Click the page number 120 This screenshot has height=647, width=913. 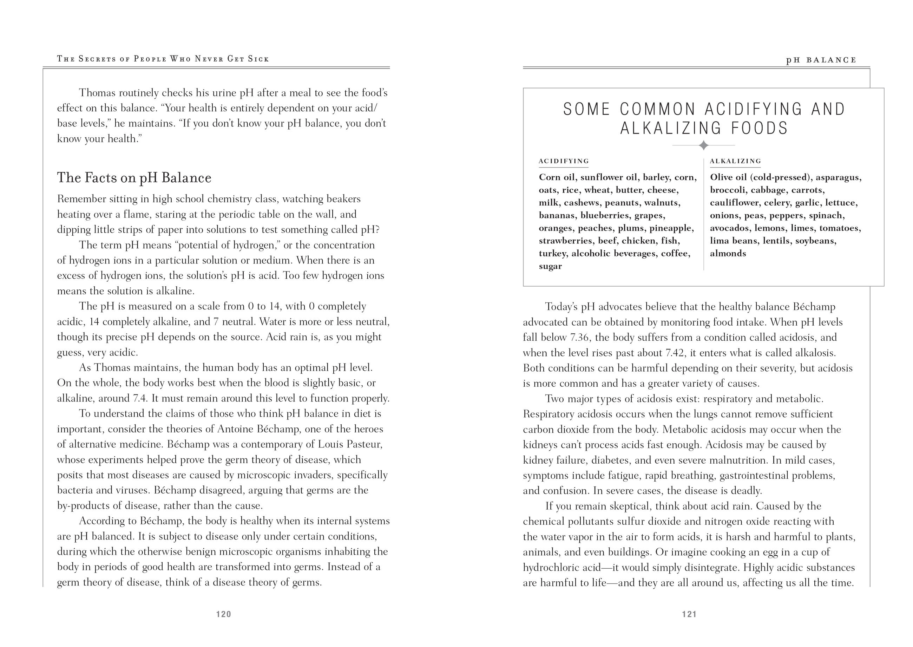pyautogui.click(x=223, y=614)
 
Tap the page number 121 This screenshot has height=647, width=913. pyautogui.click(x=689, y=614)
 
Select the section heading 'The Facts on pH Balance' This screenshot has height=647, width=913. pyautogui.click(x=134, y=178)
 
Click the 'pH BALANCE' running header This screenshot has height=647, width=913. pyautogui.click(x=821, y=60)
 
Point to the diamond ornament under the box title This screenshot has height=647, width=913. pyautogui.click(x=703, y=145)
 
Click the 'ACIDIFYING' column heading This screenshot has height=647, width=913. pyautogui.click(x=564, y=161)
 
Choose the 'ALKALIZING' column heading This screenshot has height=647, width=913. pyautogui.click(x=735, y=161)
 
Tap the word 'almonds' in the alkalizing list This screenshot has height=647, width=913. pyautogui.click(x=728, y=253)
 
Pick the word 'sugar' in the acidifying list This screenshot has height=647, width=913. pyautogui.click(x=550, y=266)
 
